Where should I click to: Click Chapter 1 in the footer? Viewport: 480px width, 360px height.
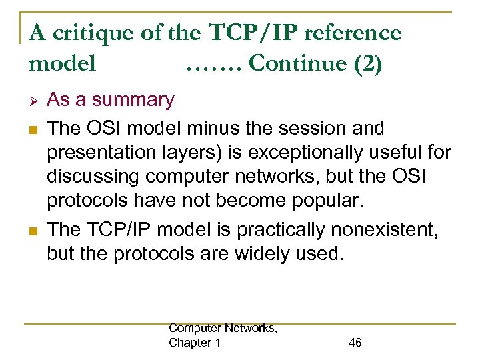(195, 343)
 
